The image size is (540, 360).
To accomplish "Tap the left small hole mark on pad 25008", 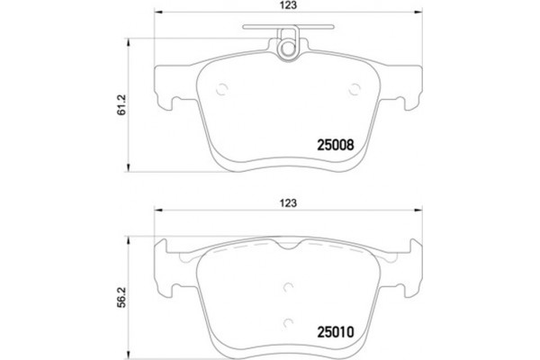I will (224, 88).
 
